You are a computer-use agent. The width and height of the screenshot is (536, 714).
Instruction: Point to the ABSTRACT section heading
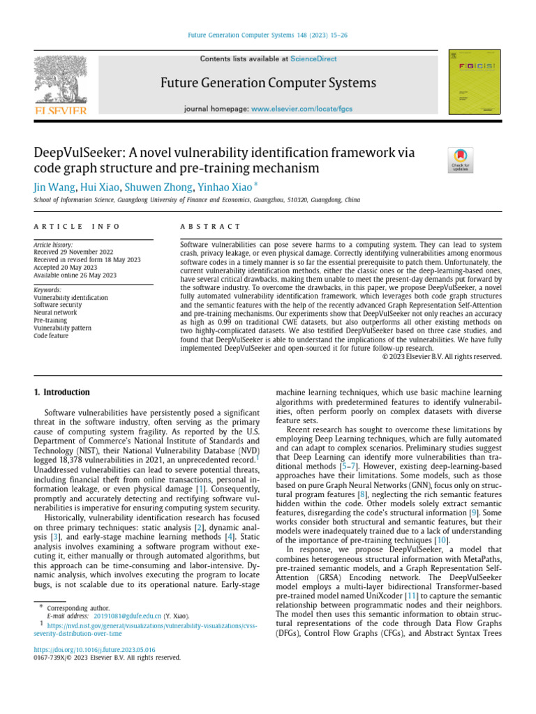click(210, 227)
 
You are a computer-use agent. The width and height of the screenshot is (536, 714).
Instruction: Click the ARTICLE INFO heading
click(77, 227)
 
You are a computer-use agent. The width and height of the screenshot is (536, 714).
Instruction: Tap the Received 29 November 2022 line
click(74, 252)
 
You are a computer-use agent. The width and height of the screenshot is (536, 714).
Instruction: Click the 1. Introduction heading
click(62, 393)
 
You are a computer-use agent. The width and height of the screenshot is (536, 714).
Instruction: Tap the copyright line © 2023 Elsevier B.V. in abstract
click(442, 356)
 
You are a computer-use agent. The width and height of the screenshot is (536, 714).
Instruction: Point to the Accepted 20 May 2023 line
click(66, 267)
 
